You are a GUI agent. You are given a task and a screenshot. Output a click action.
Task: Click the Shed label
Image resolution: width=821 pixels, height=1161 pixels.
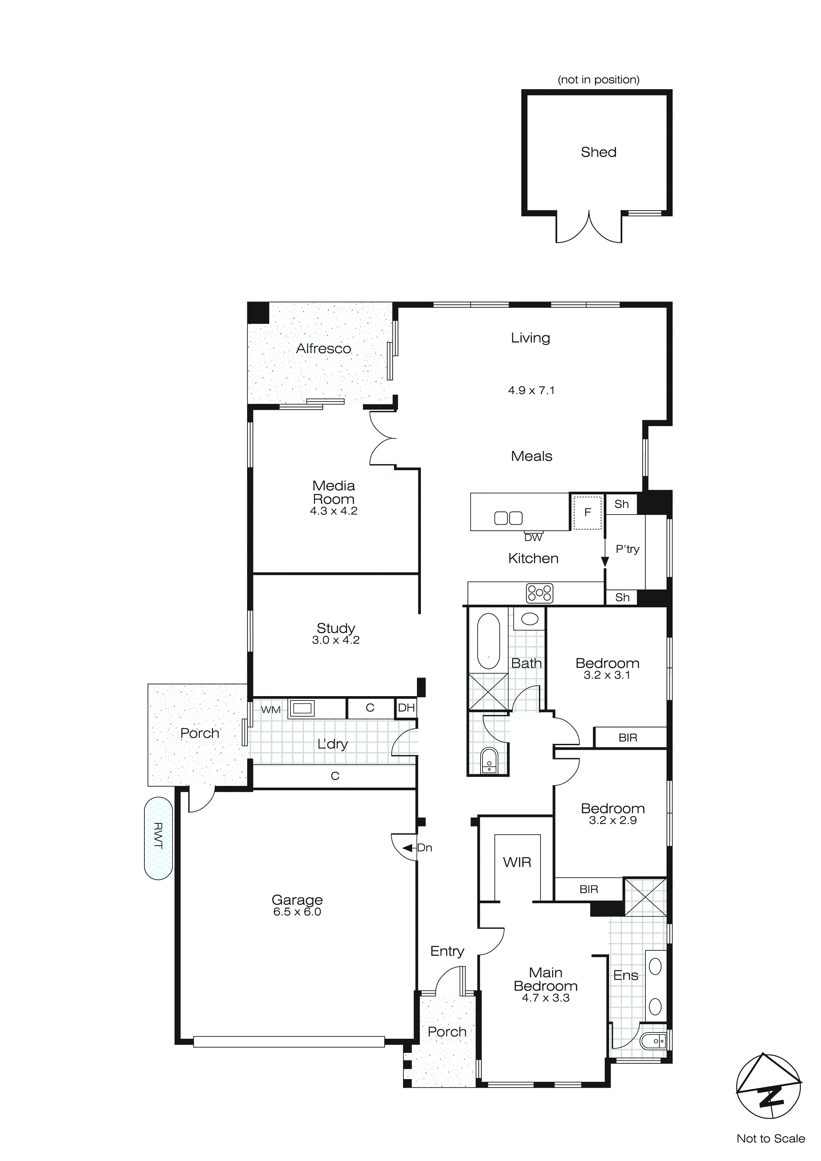coord(598,152)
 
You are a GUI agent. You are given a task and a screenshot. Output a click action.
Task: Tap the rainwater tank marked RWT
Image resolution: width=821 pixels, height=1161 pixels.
coord(158,838)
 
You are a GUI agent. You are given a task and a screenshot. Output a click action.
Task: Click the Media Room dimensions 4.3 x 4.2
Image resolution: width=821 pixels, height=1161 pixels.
coord(334,511)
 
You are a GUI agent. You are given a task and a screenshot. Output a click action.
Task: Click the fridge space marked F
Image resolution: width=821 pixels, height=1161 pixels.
coord(588,512)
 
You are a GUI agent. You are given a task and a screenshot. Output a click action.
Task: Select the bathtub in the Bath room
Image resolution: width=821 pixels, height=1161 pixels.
coord(488,641)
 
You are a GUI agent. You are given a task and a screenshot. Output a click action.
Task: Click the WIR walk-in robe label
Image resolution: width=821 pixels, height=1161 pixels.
coord(517,862)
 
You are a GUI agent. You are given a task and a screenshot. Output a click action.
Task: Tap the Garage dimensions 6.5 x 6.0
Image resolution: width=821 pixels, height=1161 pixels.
coord(297,912)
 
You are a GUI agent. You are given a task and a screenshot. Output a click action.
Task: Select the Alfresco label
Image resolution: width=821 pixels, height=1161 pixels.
coord(324,349)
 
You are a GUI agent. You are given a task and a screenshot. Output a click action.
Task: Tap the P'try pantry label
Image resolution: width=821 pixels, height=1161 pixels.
coord(627,549)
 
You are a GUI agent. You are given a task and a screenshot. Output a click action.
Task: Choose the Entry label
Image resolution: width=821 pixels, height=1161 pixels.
coord(447,951)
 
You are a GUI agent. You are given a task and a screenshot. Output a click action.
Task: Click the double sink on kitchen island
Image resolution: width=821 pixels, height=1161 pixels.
coord(508,518)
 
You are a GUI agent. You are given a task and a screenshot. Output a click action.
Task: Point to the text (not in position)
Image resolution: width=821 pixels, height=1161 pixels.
coord(598,80)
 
